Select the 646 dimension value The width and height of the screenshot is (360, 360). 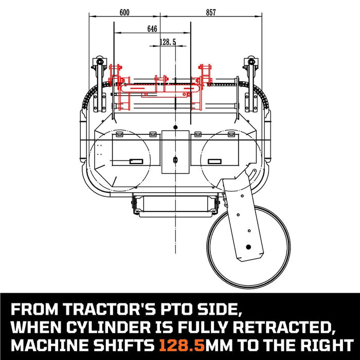[152, 29]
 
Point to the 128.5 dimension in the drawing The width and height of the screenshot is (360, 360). [168, 42]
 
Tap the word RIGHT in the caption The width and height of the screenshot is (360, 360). [326, 344]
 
